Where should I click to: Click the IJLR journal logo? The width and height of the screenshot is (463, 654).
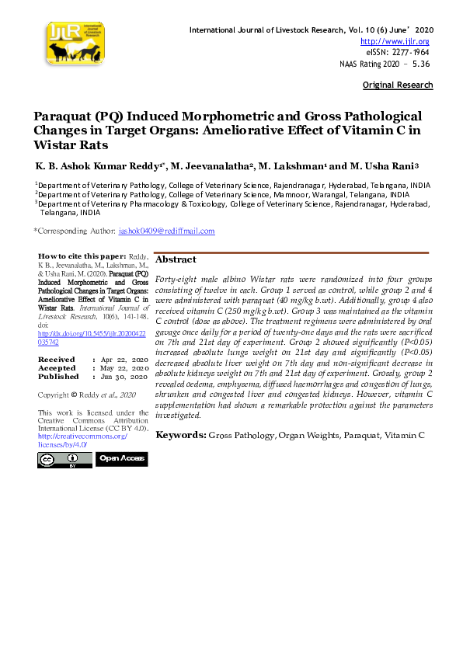pos(75,43)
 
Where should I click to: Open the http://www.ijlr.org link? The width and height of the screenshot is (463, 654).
pos(395,41)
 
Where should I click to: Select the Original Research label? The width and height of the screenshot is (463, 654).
pos(398,84)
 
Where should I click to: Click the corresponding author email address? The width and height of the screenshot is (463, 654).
pos(166,231)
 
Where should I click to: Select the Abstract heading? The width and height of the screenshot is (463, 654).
pos(176,259)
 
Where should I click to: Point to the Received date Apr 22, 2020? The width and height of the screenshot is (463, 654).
pos(124,360)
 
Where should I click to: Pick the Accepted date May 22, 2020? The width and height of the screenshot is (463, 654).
pos(124,368)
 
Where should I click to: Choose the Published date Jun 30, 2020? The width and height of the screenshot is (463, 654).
pos(124,376)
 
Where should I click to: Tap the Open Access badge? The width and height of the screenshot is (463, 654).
pos(121,459)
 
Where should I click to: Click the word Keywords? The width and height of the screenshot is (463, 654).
pos(180,435)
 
